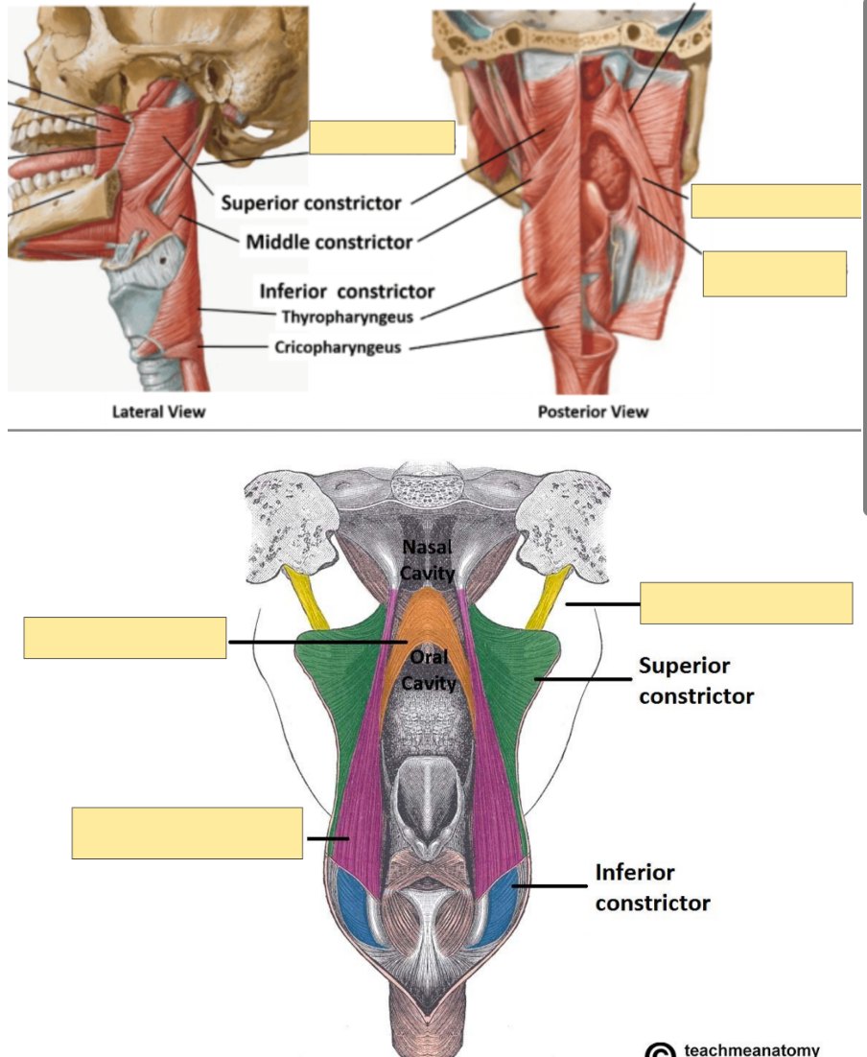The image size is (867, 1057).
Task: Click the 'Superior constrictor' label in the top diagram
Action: coord(311,202)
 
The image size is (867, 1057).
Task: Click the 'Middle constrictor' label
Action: coord(329,242)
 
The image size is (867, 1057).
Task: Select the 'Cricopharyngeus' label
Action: coord(338,347)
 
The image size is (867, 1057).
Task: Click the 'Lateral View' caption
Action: coord(158,412)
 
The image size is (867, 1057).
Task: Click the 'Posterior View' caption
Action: coord(593,412)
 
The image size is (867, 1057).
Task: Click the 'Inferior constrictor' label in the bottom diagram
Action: coord(652,887)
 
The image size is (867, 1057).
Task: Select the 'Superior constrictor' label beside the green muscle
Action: coord(695,680)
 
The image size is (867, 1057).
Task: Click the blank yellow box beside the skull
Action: coord(382,137)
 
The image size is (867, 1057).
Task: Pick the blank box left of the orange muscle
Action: coord(125,638)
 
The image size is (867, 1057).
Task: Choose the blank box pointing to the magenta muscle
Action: coord(187,833)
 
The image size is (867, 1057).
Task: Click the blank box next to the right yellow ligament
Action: coord(745,603)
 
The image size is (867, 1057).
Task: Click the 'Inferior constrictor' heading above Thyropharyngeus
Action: coord(347,291)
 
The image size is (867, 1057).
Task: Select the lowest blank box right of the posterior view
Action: coord(774,273)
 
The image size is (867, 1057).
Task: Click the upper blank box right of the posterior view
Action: coord(775,200)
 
